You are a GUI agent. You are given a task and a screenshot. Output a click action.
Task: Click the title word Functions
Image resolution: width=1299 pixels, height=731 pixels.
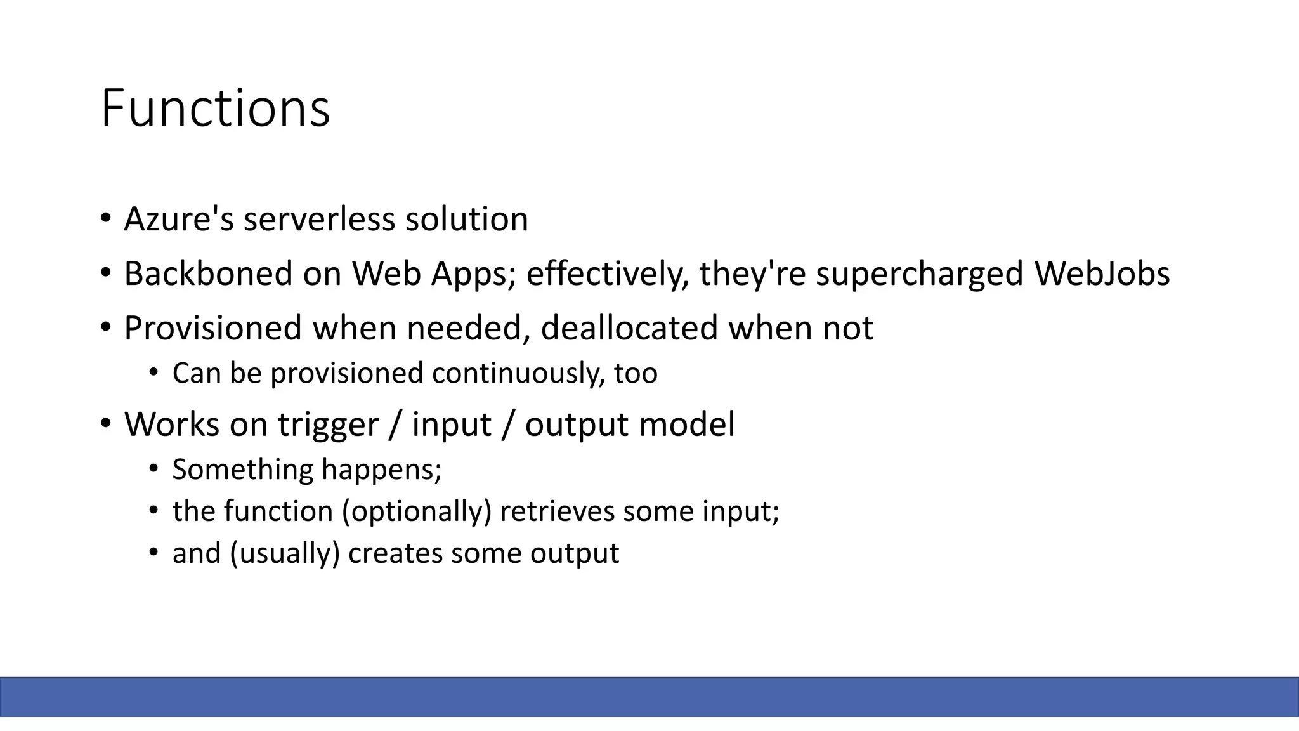(x=215, y=109)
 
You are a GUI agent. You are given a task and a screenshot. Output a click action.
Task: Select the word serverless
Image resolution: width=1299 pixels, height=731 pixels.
(x=320, y=220)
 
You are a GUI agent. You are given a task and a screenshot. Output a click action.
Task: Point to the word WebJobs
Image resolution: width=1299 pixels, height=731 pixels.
(x=1102, y=274)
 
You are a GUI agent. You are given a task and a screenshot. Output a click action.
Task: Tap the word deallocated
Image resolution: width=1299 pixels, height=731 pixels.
(x=629, y=329)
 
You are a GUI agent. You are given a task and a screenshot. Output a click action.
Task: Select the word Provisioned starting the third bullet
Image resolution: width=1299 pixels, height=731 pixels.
(x=212, y=329)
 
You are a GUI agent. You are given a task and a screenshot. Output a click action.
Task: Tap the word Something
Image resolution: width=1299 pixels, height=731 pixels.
(x=243, y=470)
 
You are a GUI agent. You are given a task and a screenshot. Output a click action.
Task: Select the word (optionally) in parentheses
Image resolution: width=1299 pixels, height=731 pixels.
(x=417, y=511)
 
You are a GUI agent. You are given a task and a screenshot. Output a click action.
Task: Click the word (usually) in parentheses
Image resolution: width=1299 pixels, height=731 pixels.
(x=285, y=553)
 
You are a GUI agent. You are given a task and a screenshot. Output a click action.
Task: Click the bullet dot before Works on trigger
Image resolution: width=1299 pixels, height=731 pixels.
(x=105, y=423)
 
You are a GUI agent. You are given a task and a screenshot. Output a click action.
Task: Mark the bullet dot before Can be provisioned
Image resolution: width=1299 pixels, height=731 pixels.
(x=153, y=372)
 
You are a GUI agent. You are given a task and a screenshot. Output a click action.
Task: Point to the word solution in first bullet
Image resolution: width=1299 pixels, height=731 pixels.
(x=466, y=220)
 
